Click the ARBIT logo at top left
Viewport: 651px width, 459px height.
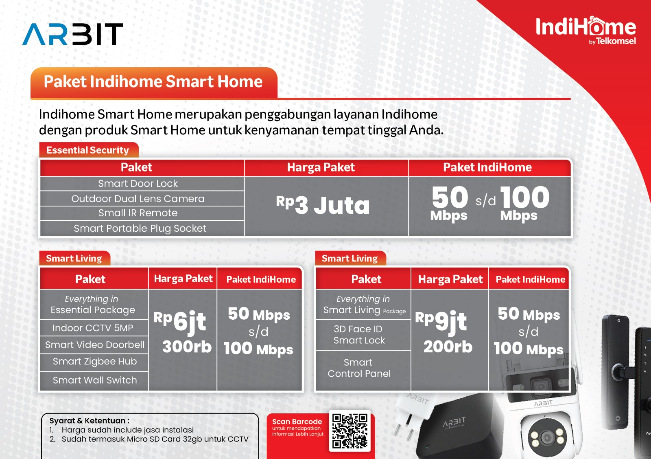click(73, 34)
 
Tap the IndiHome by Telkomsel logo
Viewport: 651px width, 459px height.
click(586, 31)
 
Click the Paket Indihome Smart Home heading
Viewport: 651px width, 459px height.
click(153, 81)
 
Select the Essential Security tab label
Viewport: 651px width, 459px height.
click(87, 150)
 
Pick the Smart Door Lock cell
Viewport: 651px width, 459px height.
click(138, 184)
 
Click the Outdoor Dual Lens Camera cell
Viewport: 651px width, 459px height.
click(138, 199)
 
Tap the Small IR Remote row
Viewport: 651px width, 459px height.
click(138, 213)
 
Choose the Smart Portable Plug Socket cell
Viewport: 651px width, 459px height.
click(140, 228)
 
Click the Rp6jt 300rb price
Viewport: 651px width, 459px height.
click(183, 332)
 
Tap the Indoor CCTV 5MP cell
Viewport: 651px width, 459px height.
click(93, 328)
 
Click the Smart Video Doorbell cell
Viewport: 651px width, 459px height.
click(95, 345)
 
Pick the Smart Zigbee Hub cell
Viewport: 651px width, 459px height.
click(95, 362)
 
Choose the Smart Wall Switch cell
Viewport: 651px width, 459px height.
click(95, 380)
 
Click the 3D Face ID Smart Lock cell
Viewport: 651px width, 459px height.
click(359, 334)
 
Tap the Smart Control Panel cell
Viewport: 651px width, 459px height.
click(359, 368)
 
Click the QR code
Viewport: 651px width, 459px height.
click(350, 431)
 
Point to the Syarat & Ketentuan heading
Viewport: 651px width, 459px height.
click(89, 421)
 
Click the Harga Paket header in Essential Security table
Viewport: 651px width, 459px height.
click(321, 167)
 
